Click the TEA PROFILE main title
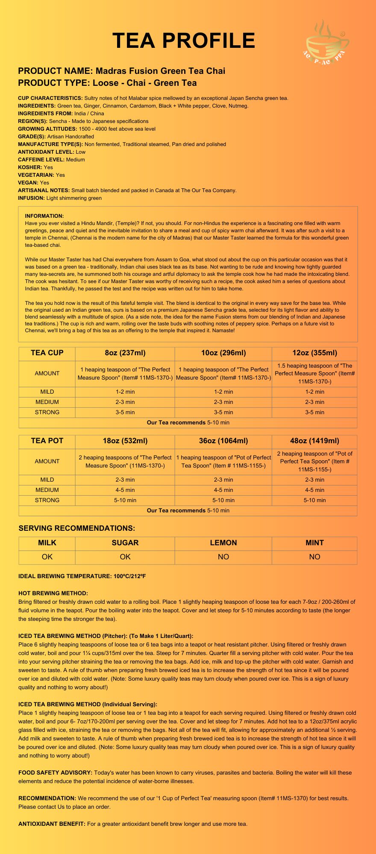(x=184, y=41)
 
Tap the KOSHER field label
(x=30, y=167)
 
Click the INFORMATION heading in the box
(x=44, y=216)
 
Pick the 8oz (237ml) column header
(x=125, y=353)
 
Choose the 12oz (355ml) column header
(x=314, y=353)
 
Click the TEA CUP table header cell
(x=47, y=353)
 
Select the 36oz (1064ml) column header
(x=223, y=441)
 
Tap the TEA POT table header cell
(x=47, y=441)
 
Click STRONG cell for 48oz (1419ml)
(x=314, y=500)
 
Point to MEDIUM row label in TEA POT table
(x=47, y=490)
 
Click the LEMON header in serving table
(x=223, y=543)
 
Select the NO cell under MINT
(x=314, y=557)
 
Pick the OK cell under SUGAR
(x=125, y=557)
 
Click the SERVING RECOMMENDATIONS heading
(x=77, y=528)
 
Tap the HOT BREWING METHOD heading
(x=53, y=593)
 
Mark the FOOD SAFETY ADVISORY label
(x=55, y=772)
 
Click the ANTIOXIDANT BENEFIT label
(x=52, y=824)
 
